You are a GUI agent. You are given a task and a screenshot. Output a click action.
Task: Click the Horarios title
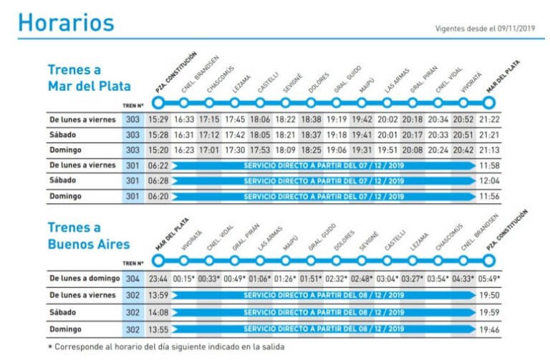66,23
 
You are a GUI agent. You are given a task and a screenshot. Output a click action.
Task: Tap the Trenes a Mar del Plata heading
90,78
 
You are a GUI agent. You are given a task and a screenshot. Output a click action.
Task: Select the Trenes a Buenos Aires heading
90,235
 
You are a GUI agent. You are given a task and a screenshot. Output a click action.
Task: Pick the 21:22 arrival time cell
489,120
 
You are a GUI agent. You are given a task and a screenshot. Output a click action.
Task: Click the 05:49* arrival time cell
489,278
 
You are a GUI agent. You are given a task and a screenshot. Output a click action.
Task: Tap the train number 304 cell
133,278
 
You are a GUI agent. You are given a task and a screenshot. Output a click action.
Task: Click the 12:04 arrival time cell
489,181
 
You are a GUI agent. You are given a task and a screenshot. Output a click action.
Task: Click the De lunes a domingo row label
82,278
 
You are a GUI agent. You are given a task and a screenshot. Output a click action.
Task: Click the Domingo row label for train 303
65,150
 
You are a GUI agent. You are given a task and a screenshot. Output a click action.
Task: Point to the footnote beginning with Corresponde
165,346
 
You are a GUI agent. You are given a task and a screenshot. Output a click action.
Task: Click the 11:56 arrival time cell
489,196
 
